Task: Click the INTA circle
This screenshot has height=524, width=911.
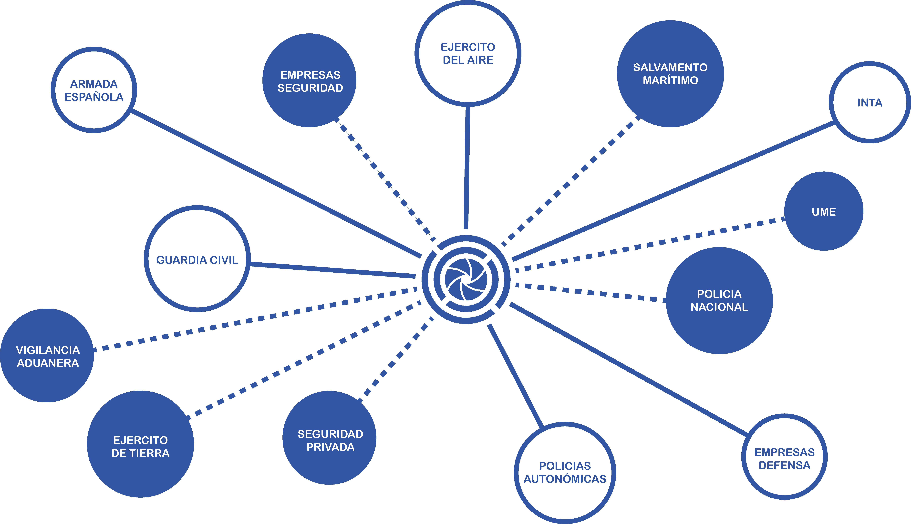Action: click(870, 103)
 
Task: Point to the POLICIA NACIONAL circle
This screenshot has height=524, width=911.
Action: click(719, 300)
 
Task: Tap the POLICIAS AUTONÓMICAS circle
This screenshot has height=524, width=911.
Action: click(565, 473)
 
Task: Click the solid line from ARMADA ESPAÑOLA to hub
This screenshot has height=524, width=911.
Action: click(275, 184)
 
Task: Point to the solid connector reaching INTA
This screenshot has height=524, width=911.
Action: click(673, 191)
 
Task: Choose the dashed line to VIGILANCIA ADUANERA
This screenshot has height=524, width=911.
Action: click(252, 320)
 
